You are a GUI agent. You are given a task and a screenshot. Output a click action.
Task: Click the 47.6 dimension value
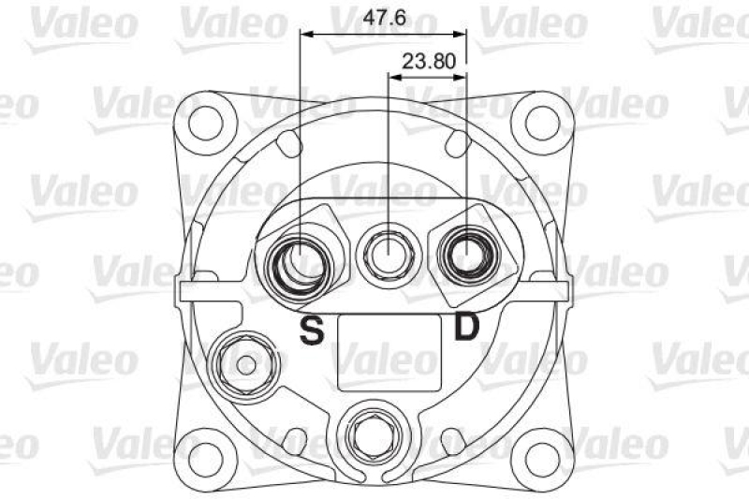[x=384, y=18]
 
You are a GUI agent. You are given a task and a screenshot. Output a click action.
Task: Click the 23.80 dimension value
[x=429, y=62]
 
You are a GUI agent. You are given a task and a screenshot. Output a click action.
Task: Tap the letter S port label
[x=312, y=330]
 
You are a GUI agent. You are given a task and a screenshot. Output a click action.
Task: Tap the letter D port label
[x=465, y=326]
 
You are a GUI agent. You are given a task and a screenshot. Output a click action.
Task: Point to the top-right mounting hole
[x=543, y=124]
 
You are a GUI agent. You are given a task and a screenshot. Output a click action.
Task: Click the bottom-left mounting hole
[x=206, y=461]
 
